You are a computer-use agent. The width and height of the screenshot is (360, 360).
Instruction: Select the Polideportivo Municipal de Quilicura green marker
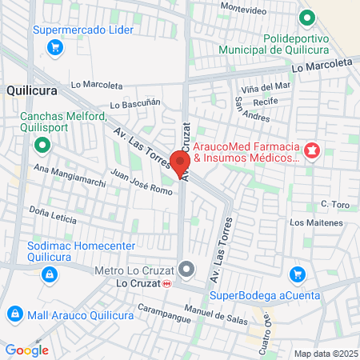[x=306, y=18]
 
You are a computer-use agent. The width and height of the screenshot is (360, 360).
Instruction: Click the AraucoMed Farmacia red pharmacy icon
[x=311, y=149]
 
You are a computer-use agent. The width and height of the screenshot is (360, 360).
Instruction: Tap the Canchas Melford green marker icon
[x=42, y=146]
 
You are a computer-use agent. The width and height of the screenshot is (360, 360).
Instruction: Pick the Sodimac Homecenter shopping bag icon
[x=50, y=274]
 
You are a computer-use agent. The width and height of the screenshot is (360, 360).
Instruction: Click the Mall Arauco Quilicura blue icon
[x=14, y=314]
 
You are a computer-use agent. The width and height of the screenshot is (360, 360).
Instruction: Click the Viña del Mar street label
[x=266, y=86]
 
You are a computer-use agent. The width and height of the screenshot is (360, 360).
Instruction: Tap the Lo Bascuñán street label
[x=136, y=104]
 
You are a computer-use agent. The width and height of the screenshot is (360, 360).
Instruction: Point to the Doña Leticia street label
[x=53, y=214]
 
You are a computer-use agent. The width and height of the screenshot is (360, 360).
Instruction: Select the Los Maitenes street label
[x=316, y=222]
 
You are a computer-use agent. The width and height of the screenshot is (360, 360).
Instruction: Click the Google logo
[x=26, y=350]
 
